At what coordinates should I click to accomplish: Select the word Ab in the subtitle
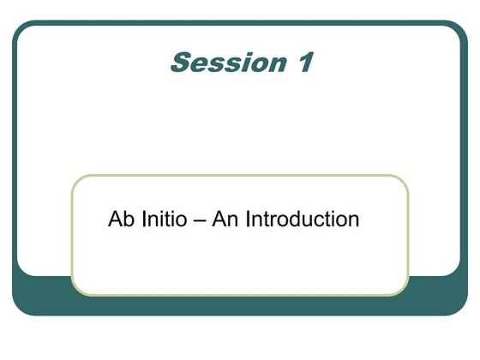120,219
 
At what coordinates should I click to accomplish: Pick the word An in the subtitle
225,219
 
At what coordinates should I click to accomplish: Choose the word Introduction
302,219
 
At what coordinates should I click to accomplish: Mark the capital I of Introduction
248,219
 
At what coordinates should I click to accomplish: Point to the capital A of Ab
115,219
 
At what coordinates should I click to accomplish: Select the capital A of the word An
219,219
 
